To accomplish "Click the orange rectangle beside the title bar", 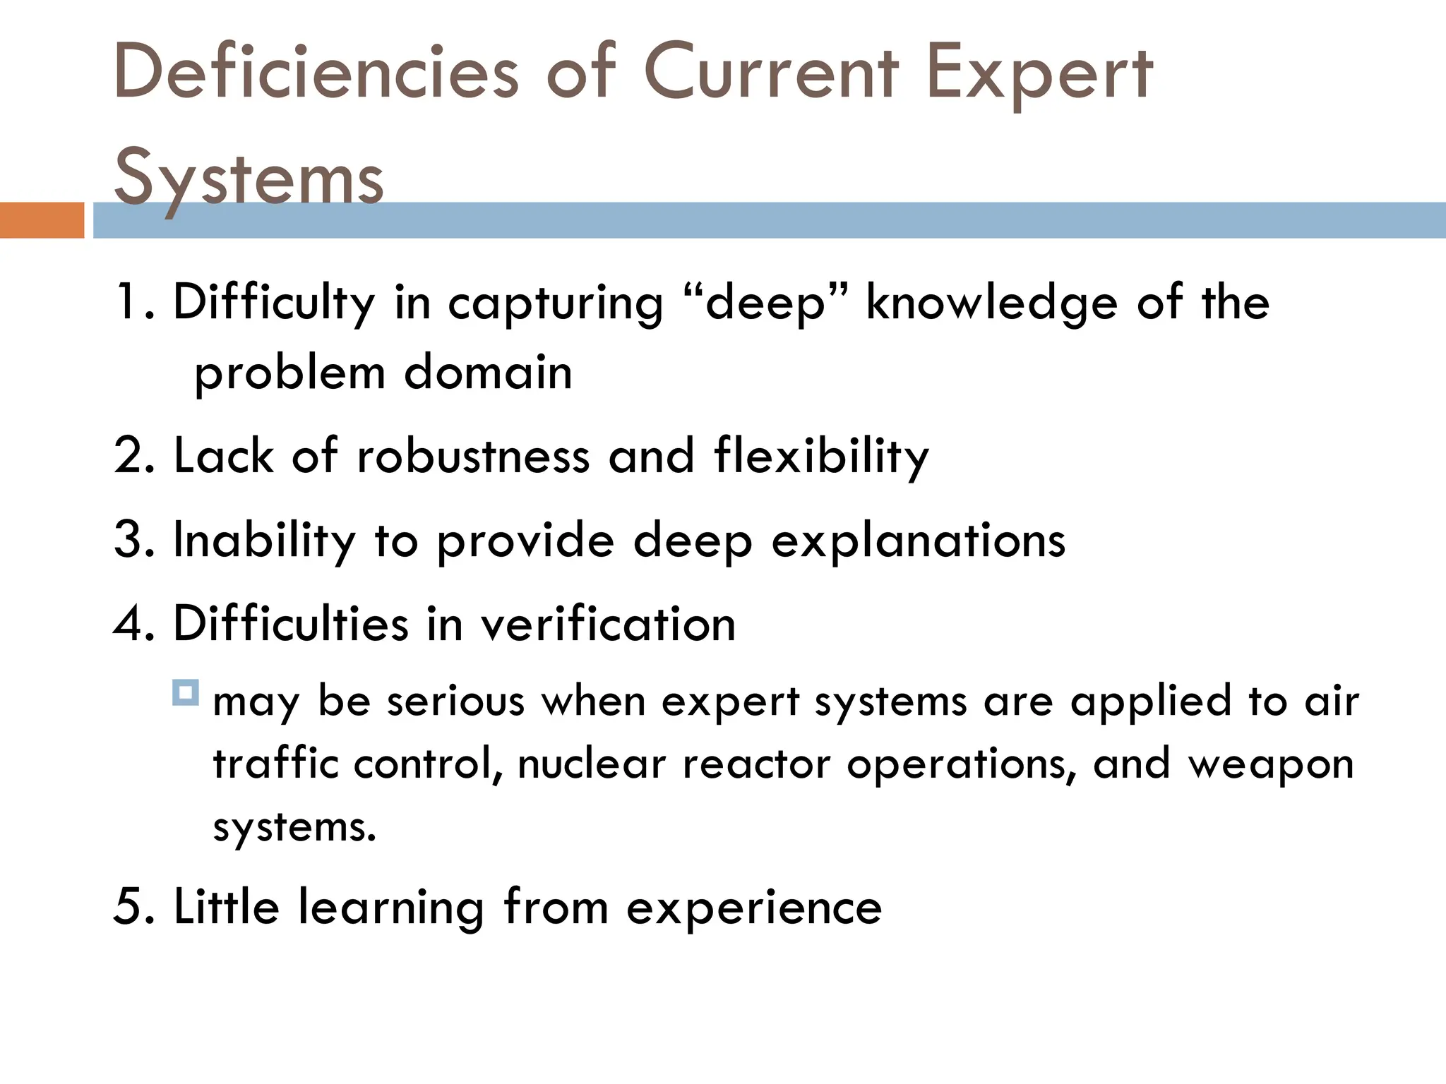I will click(x=42, y=220).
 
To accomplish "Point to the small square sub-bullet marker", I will click(x=186, y=692).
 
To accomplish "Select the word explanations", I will click(x=918, y=542).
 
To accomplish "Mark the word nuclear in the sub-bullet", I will click(x=592, y=764).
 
